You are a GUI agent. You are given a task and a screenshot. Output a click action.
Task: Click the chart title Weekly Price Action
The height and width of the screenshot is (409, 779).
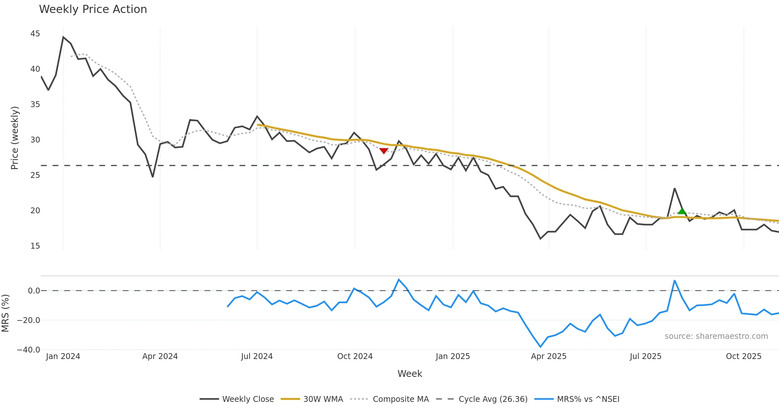click(x=93, y=9)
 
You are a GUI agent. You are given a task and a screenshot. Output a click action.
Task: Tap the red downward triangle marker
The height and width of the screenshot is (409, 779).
click(x=384, y=151)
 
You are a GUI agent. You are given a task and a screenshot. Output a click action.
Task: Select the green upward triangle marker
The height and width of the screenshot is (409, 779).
click(x=682, y=211)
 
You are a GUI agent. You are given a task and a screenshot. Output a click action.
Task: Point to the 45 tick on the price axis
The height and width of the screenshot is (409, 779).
click(x=35, y=34)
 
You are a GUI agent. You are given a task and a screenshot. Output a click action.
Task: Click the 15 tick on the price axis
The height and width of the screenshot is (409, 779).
click(x=35, y=246)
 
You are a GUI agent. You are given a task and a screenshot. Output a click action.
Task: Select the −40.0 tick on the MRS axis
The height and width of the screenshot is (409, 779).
click(x=29, y=350)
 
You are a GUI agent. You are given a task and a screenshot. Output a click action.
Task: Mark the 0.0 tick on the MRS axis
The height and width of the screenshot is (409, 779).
click(x=34, y=291)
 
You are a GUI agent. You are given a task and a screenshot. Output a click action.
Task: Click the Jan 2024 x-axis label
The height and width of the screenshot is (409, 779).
click(x=63, y=356)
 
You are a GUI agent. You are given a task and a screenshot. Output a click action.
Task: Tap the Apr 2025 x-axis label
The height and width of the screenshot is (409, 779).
click(x=549, y=356)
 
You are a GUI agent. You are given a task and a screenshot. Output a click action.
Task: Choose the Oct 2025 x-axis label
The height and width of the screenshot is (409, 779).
click(x=743, y=356)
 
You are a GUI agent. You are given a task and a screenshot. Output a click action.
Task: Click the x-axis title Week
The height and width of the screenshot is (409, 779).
click(x=410, y=374)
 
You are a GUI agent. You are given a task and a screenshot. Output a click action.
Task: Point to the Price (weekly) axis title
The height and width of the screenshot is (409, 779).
click(x=15, y=138)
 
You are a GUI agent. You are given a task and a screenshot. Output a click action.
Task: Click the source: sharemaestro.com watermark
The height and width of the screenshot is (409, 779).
click(x=716, y=336)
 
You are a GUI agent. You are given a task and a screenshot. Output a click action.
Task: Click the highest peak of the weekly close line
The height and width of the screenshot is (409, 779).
click(x=63, y=37)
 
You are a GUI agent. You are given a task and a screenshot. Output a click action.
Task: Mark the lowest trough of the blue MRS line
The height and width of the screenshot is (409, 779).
click(x=540, y=347)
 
